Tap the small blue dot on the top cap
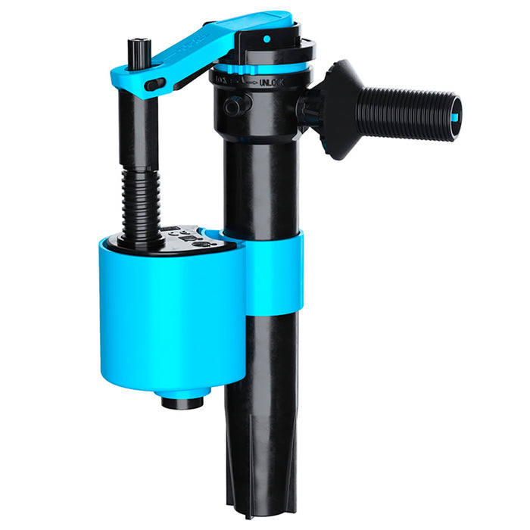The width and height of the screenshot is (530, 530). pyautogui.click(x=266, y=37)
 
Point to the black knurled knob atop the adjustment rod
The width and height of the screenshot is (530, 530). pyautogui.click(x=139, y=50)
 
